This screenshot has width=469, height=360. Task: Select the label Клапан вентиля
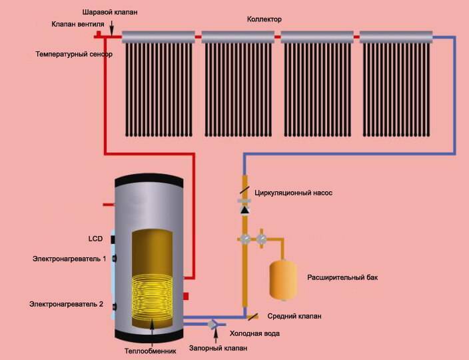(x=77, y=25)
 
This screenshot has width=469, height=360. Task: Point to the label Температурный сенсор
(x=74, y=54)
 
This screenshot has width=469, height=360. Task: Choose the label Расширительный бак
(x=342, y=277)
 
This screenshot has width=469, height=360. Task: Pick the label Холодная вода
(x=254, y=333)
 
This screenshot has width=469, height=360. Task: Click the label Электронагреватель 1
(x=70, y=258)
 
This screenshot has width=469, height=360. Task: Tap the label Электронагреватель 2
(x=66, y=304)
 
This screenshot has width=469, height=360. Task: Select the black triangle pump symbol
(x=245, y=211)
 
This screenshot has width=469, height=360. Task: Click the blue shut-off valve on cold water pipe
(x=213, y=325)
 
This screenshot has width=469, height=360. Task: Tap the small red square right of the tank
(x=186, y=295)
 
